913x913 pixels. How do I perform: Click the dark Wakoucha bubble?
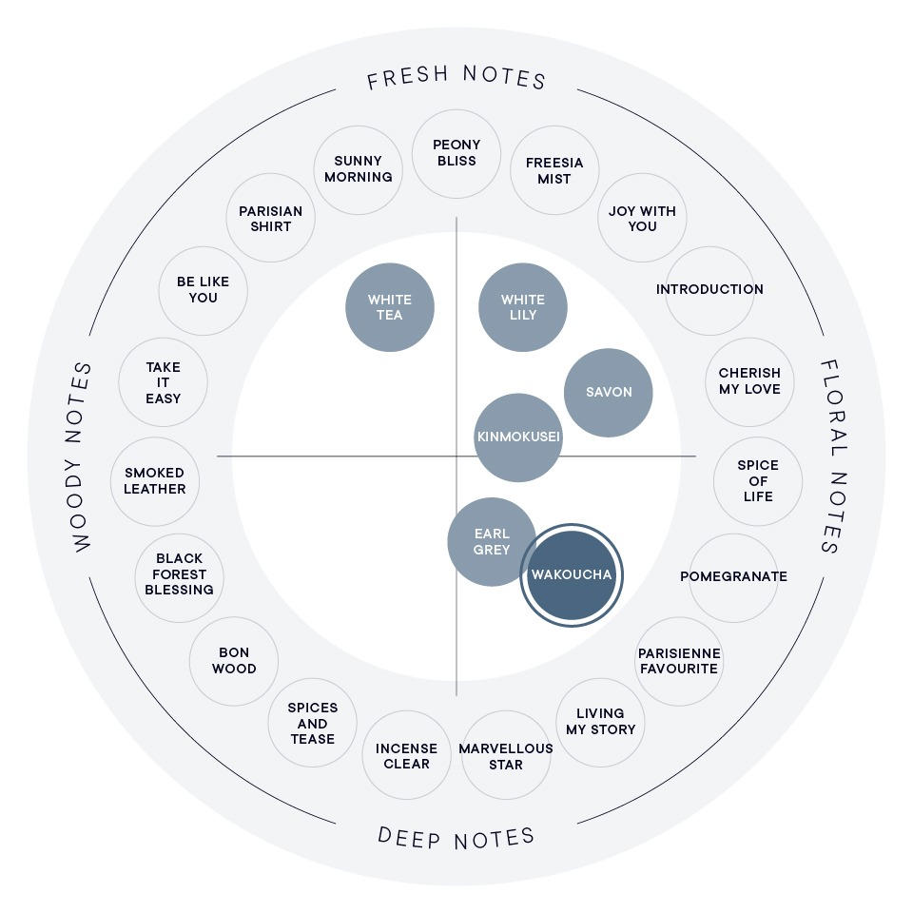click(x=572, y=575)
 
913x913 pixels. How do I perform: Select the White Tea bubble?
click(x=390, y=307)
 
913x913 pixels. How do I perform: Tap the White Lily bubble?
click(x=523, y=307)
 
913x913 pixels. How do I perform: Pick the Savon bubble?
click(x=609, y=393)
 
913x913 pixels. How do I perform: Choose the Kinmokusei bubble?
click(x=518, y=437)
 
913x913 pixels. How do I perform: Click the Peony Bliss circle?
click(x=456, y=154)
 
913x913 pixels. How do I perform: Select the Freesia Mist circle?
click(x=554, y=170)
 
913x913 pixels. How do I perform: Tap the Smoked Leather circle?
click(x=155, y=481)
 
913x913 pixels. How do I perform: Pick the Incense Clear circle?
click(x=406, y=755)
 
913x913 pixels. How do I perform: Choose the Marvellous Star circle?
click(x=506, y=755)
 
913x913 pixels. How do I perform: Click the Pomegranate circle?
click(x=733, y=578)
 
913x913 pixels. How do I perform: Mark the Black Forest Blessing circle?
click(x=180, y=578)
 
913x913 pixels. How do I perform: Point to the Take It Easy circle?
click(x=163, y=382)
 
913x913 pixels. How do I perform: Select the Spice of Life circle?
click(x=758, y=481)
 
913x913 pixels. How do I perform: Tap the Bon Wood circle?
click(x=234, y=662)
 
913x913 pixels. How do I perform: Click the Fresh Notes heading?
click(x=456, y=76)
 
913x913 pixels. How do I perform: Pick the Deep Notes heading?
click(x=456, y=837)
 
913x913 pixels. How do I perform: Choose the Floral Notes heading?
click(x=834, y=456)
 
